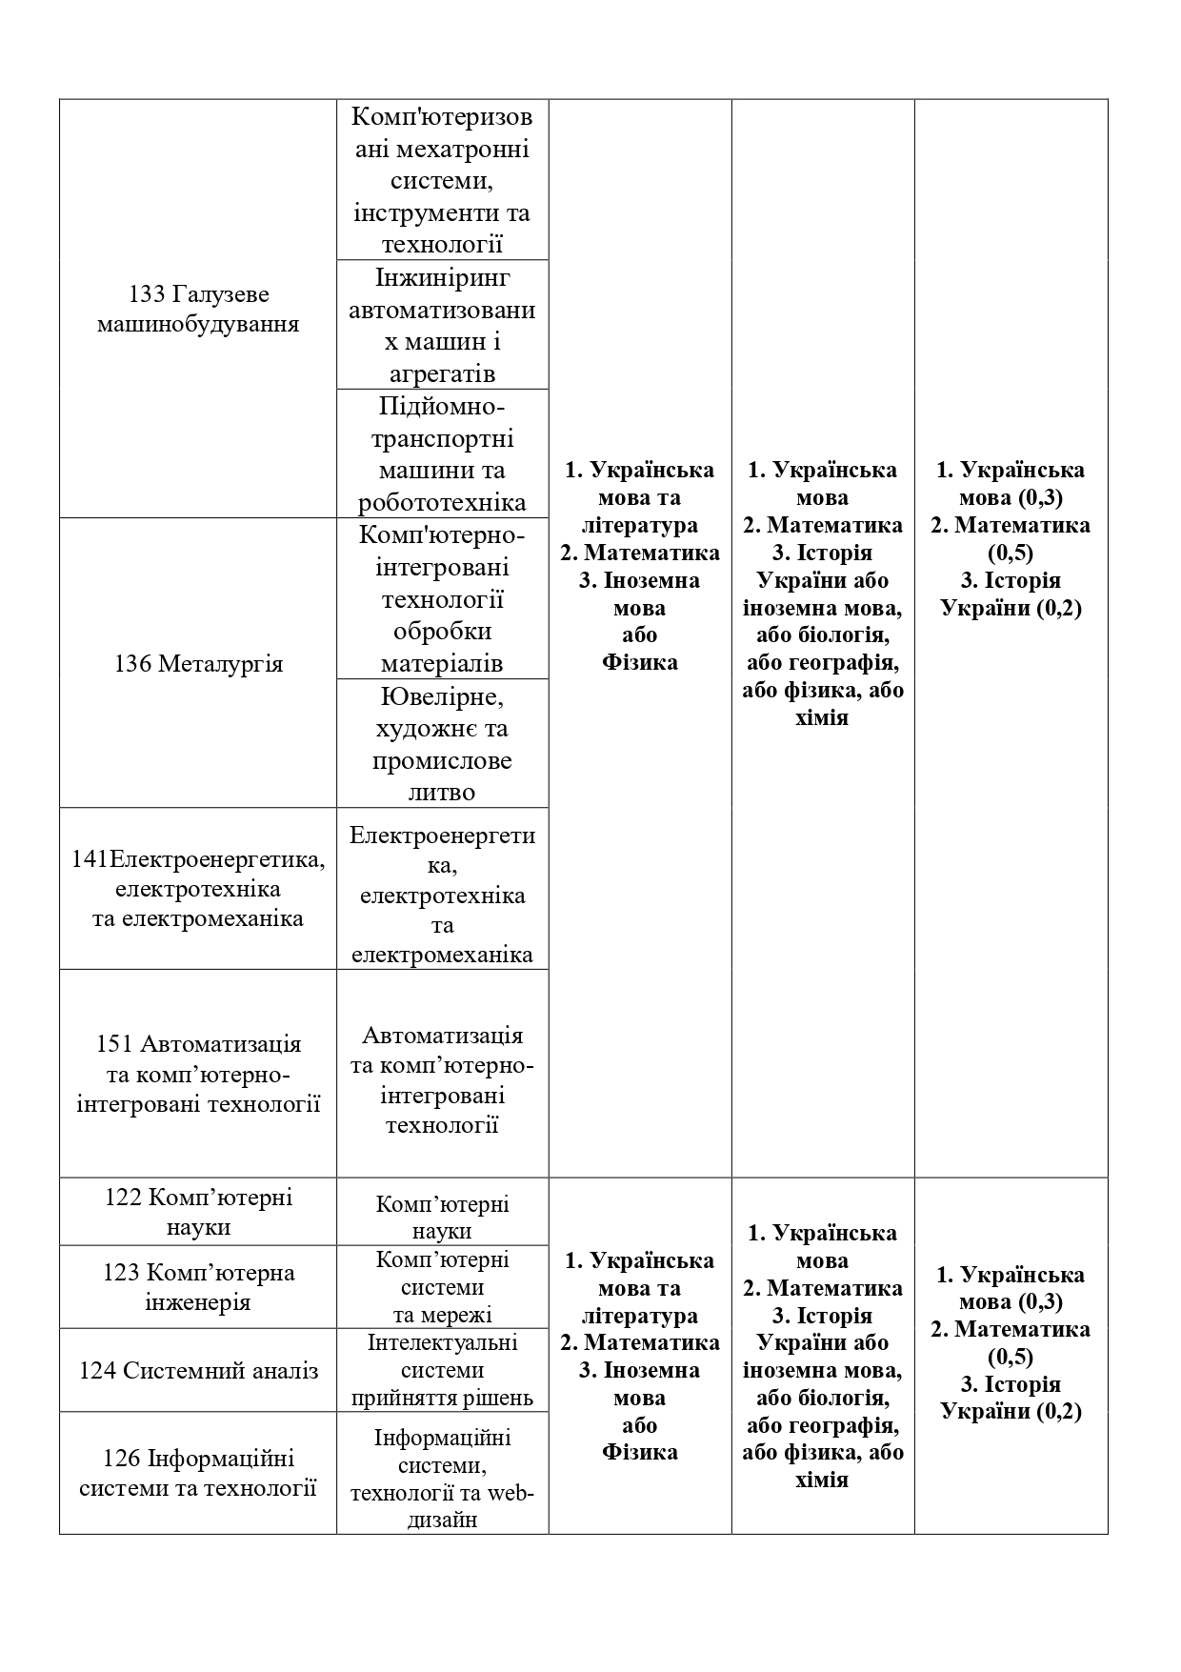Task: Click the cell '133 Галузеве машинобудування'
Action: point(198,309)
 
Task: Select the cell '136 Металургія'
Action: point(198,663)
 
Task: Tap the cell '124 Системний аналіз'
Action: point(198,1370)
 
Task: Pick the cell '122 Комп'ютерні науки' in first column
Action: point(198,1212)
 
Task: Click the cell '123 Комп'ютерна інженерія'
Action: point(198,1287)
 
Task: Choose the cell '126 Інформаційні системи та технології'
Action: point(198,1473)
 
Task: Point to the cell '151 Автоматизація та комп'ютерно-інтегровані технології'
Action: point(198,1074)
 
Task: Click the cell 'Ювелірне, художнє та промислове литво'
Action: point(442,744)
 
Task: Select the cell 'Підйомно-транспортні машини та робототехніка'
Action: point(442,454)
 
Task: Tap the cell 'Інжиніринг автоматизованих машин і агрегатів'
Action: point(442,325)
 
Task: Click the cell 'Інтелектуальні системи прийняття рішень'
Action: point(442,1370)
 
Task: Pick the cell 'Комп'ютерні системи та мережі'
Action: point(442,1287)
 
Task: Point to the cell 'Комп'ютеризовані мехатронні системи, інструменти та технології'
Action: point(442,180)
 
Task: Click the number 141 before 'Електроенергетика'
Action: point(90,859)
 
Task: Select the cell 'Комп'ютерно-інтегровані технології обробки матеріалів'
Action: point(442,599)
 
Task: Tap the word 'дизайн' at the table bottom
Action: point(442,1521)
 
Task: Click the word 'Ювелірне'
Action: point(442,696)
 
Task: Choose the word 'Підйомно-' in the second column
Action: point(442,407)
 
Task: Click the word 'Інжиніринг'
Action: point(442,277)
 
